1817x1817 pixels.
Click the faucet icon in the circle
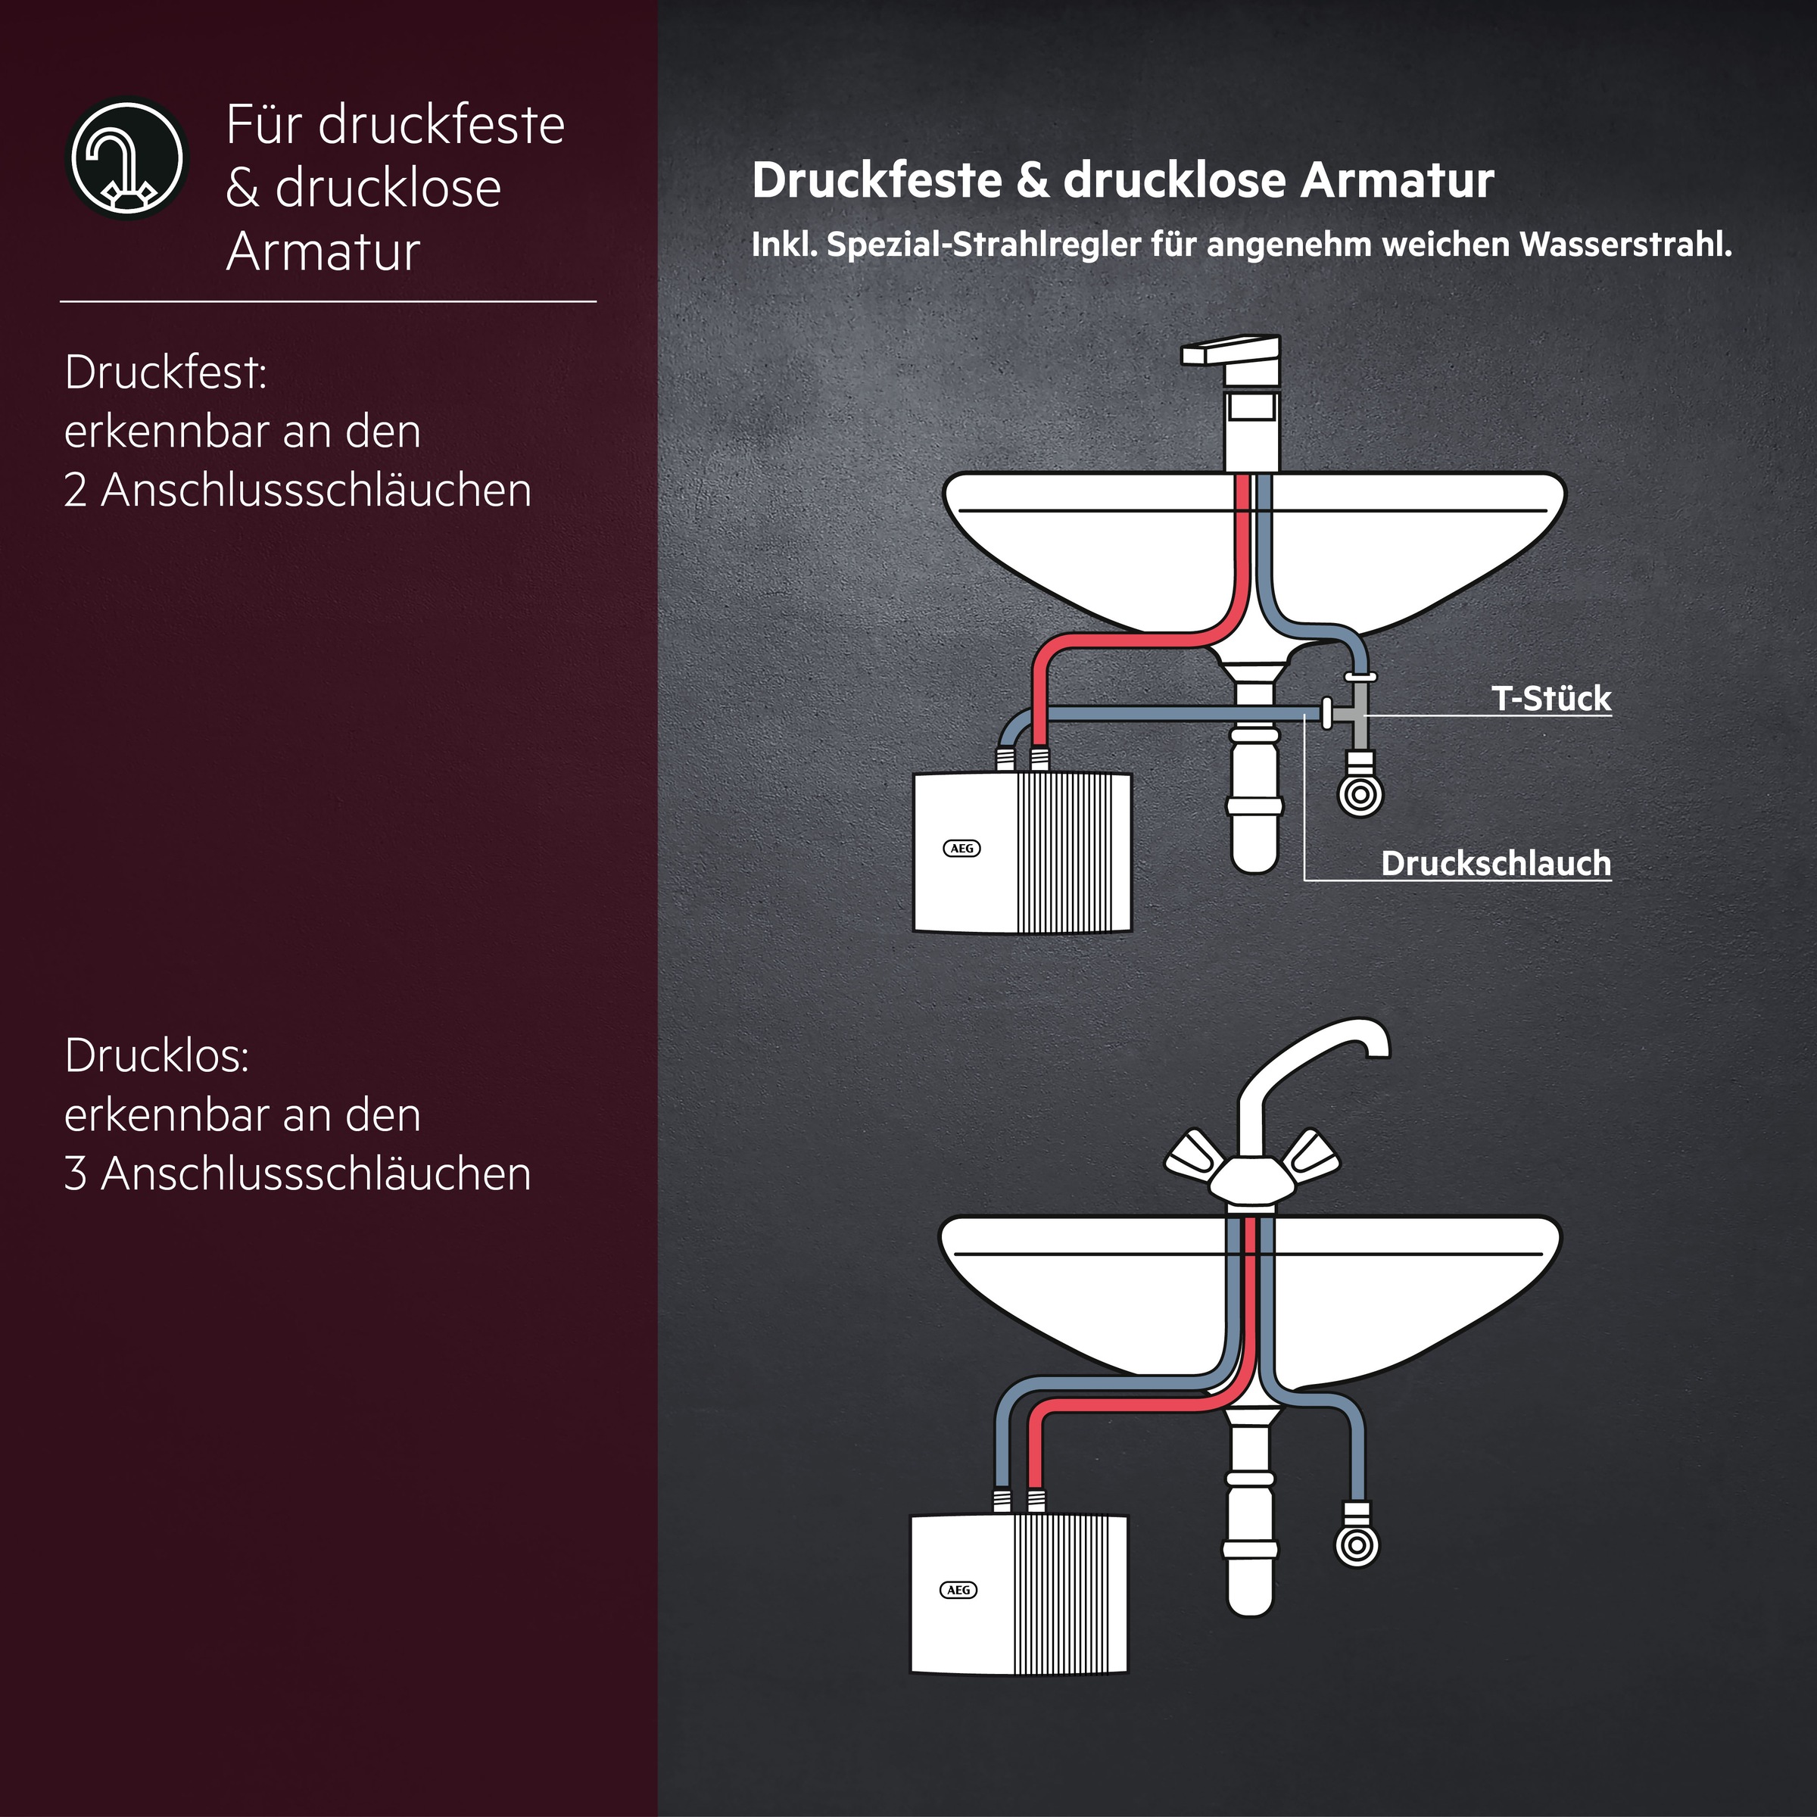point(128,158)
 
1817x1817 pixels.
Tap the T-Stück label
point(1550,699)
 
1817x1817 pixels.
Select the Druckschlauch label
point(1494,863)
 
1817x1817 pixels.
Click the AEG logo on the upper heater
point(961,848)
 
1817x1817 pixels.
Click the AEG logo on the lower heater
point(958,1589)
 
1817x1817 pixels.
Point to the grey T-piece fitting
point(1358,715)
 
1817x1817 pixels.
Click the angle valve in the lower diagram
point(1356,1544)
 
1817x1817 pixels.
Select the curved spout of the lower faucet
point(1317,1044)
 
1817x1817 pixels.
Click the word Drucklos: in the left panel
point(156,1056)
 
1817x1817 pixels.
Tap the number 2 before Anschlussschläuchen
point(75,491)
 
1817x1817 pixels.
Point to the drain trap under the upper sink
point(1254,799)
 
